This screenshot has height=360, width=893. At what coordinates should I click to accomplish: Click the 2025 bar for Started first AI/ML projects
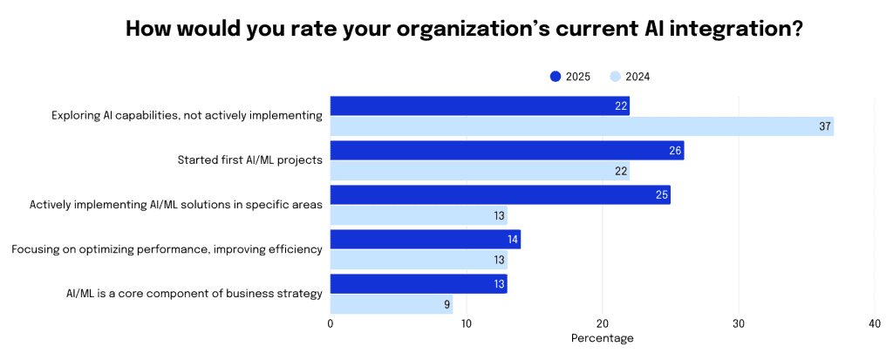(x=507, y=151)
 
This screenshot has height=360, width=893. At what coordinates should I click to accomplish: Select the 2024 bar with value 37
(x=582, y=126)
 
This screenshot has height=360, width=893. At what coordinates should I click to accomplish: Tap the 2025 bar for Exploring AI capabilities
(x=480, y=105)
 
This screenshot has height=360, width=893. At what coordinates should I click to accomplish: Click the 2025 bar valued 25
(x=500, y=194)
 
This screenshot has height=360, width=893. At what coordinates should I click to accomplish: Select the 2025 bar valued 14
(x=425, y=239)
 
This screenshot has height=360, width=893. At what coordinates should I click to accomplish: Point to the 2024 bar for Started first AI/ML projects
(x=480, y=171)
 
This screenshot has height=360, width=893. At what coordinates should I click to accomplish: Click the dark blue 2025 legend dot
(x=556, y=77)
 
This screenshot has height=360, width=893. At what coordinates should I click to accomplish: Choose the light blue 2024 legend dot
(x=615, y=77)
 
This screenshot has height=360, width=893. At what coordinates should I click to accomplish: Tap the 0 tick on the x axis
(x=331, y=323)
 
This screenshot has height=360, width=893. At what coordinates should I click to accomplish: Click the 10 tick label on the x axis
(x=467, y=323)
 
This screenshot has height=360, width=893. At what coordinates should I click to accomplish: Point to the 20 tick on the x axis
(x=603, y=323)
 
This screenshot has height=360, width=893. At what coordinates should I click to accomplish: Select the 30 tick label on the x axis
(x=739, y=323)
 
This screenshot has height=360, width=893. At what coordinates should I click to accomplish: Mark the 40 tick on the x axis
(x=875, y=323)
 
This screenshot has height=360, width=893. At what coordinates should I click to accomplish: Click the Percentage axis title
(x=602, y=338)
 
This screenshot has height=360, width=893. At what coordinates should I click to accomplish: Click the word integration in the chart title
(x=729, y=28)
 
